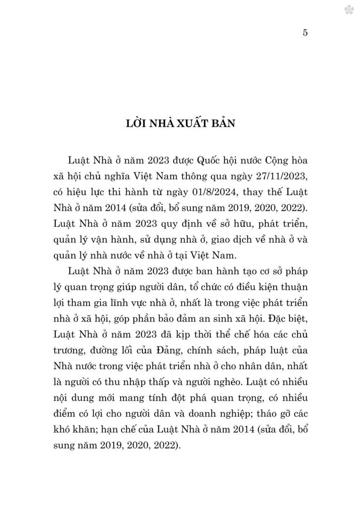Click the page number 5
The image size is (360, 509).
pyautogui.click(x=305, y=33)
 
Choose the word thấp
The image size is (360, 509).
pyautogui.click(x=176, y=382)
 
